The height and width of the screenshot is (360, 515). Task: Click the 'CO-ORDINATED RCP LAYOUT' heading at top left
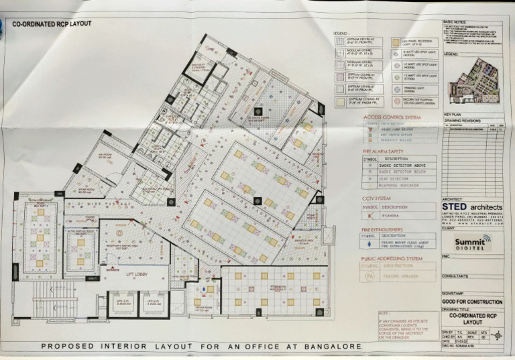[52, 24]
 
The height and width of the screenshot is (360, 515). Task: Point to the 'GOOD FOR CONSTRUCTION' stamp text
[472, 302]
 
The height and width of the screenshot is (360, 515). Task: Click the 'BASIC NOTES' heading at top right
[455, 22]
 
